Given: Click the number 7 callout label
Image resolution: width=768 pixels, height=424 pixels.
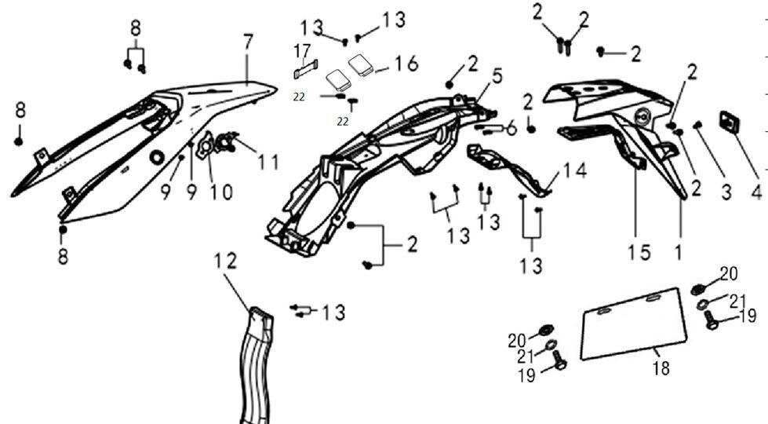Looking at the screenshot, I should point(248,42).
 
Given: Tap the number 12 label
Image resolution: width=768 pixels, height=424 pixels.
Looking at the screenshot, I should point(226,261).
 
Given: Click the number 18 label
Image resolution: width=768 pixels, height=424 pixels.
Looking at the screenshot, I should point(661,367).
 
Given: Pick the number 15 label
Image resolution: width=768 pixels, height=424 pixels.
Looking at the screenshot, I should point(639,252).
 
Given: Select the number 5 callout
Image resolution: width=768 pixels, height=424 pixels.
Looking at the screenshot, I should point(497,76).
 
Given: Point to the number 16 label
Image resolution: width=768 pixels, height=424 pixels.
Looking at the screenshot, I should point(406,64).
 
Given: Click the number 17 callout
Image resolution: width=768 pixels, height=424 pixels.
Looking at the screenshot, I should point(302,53).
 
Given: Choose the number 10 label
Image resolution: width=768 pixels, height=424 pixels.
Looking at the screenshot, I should point(222,191).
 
